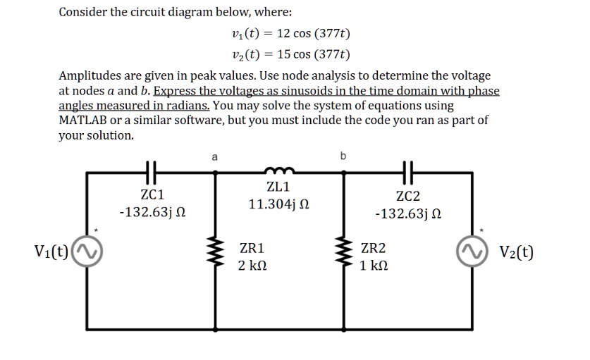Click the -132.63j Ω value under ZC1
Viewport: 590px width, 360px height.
152,211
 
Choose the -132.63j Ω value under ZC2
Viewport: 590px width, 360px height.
409,213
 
